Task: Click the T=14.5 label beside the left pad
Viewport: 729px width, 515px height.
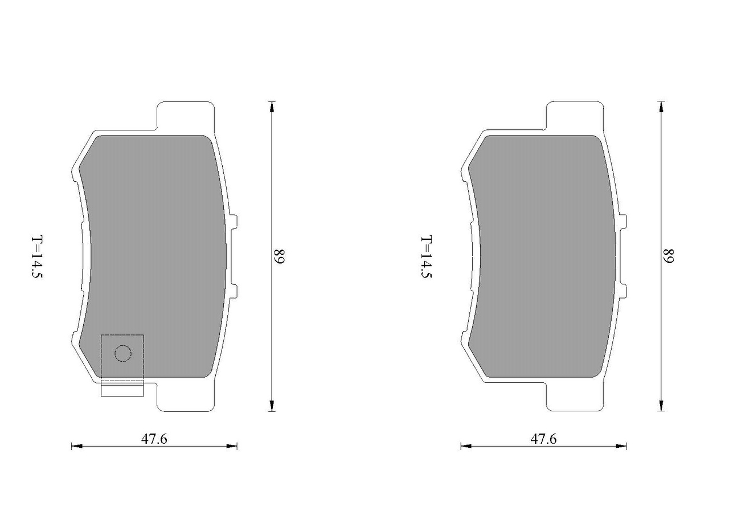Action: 37,257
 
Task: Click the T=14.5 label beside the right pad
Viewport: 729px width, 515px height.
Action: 427,257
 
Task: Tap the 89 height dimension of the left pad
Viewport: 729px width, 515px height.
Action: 279,257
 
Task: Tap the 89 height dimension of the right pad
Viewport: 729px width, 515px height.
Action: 669,256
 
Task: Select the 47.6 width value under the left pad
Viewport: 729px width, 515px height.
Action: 154,439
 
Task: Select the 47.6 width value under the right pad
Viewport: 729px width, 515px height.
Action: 543,439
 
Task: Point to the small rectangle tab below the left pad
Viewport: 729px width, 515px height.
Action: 122,389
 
